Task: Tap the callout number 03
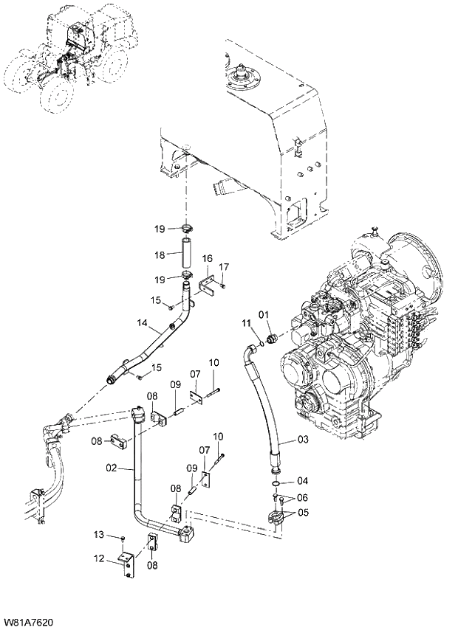tap(303, 440)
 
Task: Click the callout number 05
tap(303, 513)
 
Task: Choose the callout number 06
tap(303, 497)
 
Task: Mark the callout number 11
tap(247, 323)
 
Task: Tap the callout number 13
tap(98, 534)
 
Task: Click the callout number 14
tap(143, 322)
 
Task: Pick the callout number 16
tap(208, 258)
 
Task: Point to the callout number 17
tap(224, 266)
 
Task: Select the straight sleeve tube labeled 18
tap(187, 254)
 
